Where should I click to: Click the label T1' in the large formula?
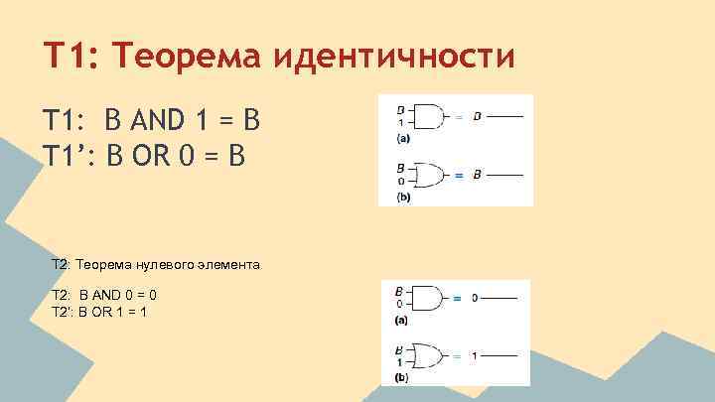click(67, 156)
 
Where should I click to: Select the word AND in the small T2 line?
click(96, 296)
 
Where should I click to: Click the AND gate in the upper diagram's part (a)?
click(428, 116)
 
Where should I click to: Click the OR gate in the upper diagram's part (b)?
click(428, 175)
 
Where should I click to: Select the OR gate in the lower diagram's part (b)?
click(428, 355)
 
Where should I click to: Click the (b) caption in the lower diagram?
click(403, 378)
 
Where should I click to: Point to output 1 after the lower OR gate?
click(475, 355)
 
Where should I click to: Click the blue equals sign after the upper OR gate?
click(458, 176)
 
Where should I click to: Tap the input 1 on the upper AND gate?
click(400, 122)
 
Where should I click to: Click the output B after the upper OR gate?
click(477, 175)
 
